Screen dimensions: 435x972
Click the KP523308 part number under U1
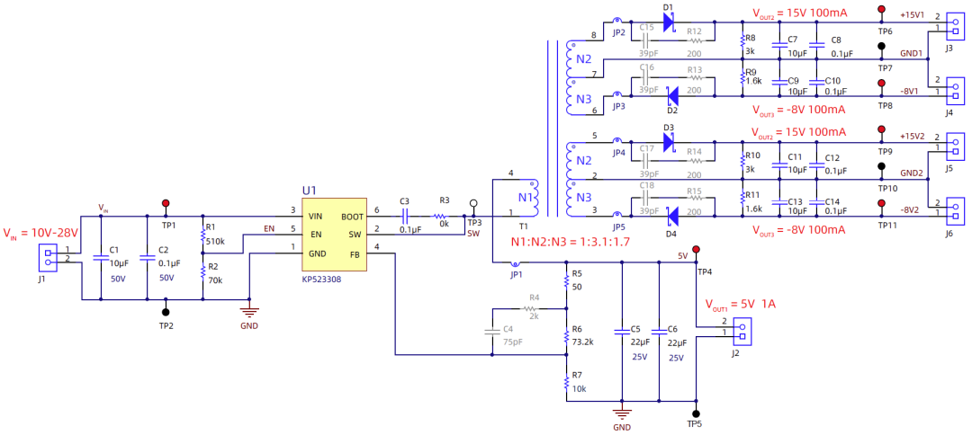321,280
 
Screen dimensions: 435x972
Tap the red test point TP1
165,204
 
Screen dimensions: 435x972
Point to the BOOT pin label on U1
353,217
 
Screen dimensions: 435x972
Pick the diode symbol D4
671,217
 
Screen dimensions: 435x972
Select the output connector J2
741,333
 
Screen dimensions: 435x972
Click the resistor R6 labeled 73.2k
566,338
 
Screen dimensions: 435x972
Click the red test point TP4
695,250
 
